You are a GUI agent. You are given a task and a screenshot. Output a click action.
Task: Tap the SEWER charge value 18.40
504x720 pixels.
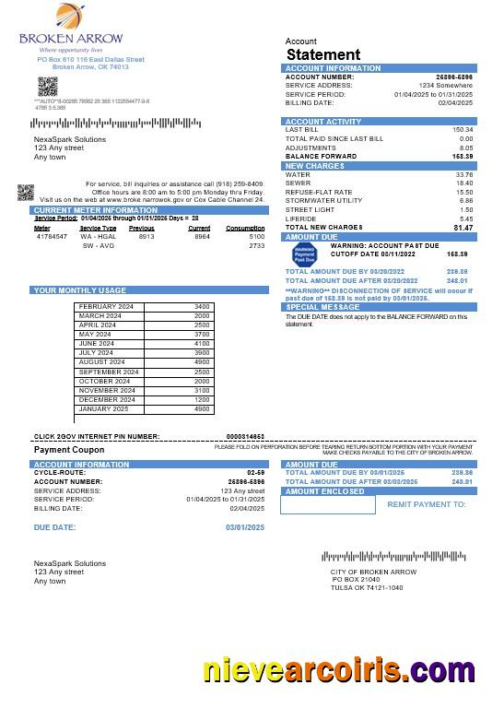tap(464, 183)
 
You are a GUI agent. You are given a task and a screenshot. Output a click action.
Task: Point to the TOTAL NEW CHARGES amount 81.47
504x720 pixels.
tap(463, 228)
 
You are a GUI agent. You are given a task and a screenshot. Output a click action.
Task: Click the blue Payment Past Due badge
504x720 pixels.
tap(304, 254)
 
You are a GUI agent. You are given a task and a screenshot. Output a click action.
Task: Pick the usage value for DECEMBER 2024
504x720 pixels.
tap(202, 399)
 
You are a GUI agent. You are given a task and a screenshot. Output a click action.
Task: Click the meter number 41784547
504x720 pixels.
tap(52, 237)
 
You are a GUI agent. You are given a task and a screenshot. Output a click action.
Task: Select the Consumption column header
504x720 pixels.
tap(245, 228)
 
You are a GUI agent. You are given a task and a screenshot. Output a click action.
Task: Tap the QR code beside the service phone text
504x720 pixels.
tap(26, 193)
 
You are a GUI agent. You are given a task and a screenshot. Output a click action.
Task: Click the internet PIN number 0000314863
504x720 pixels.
tap(245, 436)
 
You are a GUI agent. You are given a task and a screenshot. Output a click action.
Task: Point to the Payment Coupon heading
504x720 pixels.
tap(66, 450)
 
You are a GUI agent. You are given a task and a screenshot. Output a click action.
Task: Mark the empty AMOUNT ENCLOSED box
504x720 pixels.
tap(330, 505)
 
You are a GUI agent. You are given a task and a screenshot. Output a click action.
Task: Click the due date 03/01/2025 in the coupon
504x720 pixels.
tap(245, 526)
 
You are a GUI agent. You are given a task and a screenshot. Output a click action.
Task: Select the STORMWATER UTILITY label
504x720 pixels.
tap(323, 200)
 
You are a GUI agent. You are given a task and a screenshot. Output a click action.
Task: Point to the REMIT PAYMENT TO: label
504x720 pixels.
tap(427, 504)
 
